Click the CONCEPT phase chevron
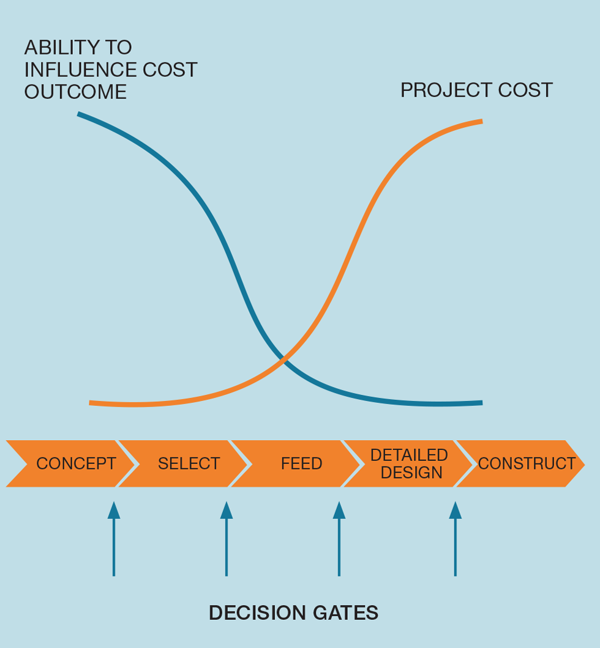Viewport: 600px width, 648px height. (x=70, y=463)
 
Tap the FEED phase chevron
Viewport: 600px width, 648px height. (x=296, y=463)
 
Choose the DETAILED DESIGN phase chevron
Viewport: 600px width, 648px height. (x=408, y=463)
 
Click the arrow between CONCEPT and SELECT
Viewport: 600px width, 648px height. (x=114, y=539)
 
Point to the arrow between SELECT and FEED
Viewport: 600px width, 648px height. (x=227, y=539)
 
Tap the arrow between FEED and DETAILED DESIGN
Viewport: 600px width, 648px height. (x=339, y=539)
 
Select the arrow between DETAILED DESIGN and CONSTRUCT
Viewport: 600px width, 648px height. (x=455, y=539)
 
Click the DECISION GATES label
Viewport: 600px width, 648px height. (x=293, y=613)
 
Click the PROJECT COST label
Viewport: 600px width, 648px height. (x=476, y=90)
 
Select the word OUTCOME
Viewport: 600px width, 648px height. (x=75, y=92)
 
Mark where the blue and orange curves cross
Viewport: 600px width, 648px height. (x=283, y=359)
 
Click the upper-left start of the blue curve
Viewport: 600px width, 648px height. (x=78, y=114)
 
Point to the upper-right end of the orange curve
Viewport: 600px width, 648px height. (x=482, y=121)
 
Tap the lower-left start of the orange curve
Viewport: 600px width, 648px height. (x=89, y=402)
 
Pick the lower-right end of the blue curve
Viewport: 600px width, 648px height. (x=482, y=402)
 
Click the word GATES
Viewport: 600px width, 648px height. (x=345, y=613)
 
